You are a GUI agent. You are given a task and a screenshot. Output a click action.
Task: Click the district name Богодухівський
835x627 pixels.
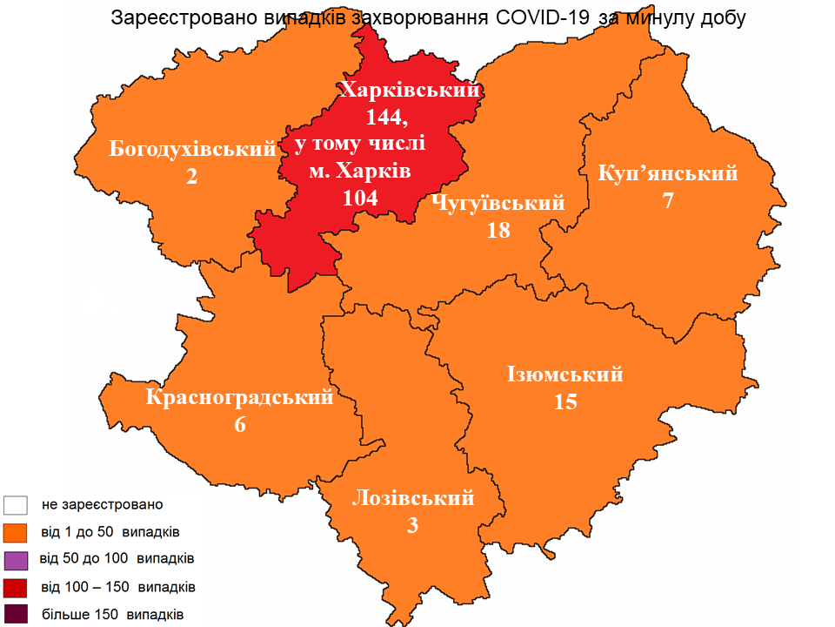coord(192,150)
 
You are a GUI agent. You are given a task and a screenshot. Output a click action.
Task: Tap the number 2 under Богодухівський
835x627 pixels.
coord(191,177)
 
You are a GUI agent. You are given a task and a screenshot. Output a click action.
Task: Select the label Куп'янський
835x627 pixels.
coord(668,173)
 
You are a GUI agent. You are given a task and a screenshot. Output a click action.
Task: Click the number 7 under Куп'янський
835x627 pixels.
coord(668,201)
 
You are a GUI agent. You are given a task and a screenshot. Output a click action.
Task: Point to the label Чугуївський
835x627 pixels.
coord(498,203)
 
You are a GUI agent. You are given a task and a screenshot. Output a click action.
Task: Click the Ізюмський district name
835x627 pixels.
coord(565,375)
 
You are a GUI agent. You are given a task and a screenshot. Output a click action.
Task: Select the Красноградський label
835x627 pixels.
coord(240,398)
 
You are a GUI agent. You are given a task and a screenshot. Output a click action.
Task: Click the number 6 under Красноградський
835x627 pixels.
coord(240,425)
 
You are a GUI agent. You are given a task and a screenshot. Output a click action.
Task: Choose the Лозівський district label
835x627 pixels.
coord(413,498)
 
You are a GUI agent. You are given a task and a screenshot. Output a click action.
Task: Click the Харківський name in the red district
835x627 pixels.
coord(411,89)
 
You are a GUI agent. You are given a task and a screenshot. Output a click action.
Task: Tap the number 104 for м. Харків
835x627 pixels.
coord(360,198)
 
